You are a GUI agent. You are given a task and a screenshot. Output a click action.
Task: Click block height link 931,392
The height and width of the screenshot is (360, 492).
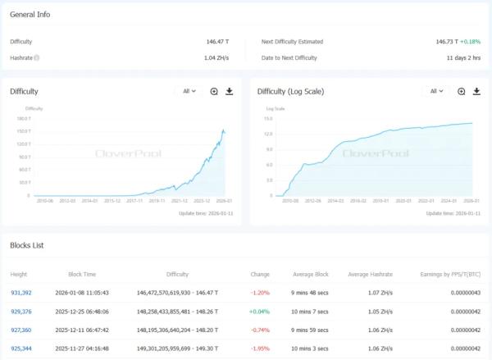point(20,291)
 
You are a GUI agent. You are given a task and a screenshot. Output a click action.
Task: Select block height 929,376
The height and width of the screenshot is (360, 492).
point(20,311)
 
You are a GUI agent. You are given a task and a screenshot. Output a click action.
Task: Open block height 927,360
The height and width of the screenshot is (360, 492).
point(20,330)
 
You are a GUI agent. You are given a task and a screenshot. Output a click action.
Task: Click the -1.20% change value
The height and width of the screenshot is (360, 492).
point(260,291)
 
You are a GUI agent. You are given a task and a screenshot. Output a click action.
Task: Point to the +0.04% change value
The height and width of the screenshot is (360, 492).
point(259,311)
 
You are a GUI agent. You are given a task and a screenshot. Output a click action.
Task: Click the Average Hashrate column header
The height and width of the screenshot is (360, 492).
point(370,274)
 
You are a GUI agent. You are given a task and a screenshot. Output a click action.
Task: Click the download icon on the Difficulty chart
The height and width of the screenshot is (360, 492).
point(230,91)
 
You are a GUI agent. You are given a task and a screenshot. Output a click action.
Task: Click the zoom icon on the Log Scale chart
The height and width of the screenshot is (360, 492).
point(462,91)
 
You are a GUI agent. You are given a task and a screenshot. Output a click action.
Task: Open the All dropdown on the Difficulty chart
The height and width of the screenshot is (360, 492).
point(189,91)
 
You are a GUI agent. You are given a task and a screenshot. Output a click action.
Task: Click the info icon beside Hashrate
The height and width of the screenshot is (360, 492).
point(37,57)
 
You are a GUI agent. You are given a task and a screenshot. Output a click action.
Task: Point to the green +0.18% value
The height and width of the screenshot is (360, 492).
point(470,41)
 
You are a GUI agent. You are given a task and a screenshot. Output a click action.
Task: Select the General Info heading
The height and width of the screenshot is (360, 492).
point(30,15)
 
